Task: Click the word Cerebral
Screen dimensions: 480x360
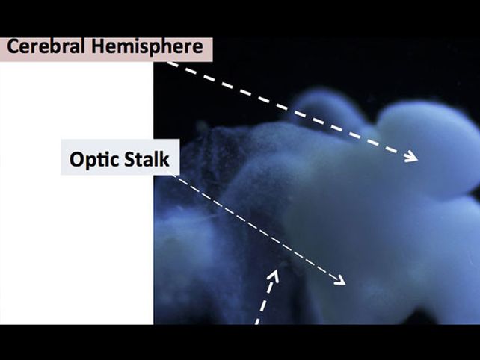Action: pyautogui.click(x=46, y=46)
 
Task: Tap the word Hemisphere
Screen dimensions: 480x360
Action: pyautogui.click(x=147, y=47)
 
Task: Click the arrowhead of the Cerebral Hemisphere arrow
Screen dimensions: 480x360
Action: pyautogui.click(x=411, y=156)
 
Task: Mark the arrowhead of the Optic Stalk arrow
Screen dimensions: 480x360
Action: pyautogui.click(x=339, y=279)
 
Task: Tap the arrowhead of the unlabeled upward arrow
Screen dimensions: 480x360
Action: pyautogui.click(x=274, y=275)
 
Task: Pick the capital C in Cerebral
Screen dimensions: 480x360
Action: pyautogui.click(x=13, y=46)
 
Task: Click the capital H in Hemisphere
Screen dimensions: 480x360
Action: pyautogui.click(x=98, y=46)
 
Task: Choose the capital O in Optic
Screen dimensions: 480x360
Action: pyautogui.click(x=76, y=159)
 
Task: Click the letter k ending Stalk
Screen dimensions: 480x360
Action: pyautogui.click(x=164, y=159)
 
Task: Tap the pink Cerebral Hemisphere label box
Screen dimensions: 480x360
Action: pyautogui.click(x=106, y=49)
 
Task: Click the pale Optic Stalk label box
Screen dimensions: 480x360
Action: pyautogui.click(x=120, y=157)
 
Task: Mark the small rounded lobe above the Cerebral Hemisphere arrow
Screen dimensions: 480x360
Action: pyautogui.click(x=324, y=107)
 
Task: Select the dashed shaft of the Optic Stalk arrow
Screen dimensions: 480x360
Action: pyautogui.click(x=259, y=229)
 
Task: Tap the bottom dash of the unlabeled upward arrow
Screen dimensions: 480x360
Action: pyautogui.click(x=258, y=321)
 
